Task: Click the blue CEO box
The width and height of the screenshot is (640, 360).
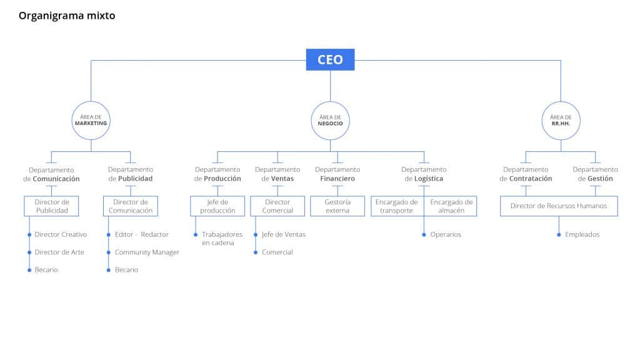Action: (330, 59)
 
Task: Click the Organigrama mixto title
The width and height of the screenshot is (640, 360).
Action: (67, 16)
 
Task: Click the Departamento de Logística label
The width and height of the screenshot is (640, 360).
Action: (424, 174)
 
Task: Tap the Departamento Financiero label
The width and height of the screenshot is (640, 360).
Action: (337, 174)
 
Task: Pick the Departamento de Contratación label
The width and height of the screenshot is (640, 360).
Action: (526, 174)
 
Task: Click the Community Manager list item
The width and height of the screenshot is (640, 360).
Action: (147, 252)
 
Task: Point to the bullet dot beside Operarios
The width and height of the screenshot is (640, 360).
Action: (424, 235)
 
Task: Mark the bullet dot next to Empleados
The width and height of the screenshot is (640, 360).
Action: (559, 235)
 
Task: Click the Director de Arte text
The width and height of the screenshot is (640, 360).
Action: (59, 252)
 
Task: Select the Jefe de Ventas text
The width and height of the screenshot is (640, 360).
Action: (284, 234)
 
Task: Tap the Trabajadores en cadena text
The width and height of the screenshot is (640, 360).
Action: (222, 238)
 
